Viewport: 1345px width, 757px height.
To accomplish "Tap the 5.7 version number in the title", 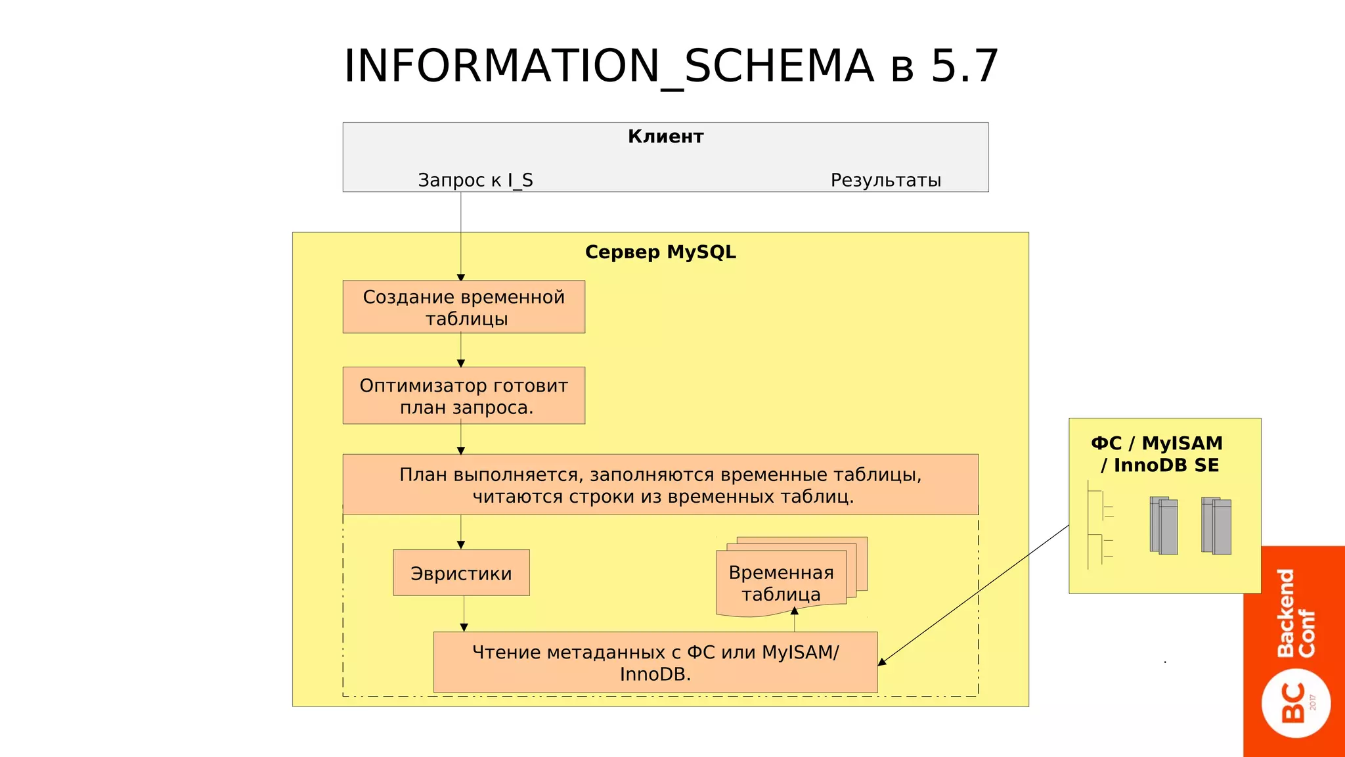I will pyautogui.click(x=964, y=66).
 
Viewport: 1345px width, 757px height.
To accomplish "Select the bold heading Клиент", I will pyautogui.click(x=665, y=137).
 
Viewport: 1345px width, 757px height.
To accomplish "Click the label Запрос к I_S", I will pyautogui.click(x=475, y=180).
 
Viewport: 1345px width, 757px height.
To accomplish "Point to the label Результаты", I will pyautogui.click(x=885, y=180).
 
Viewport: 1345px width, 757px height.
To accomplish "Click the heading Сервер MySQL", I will pyautogui.click(x=660, y=252).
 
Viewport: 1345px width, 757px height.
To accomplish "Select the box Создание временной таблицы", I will pyautogui.click(x=464, y=307).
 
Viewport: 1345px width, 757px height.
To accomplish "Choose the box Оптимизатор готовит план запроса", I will pyautogui.click(x=464, y=396).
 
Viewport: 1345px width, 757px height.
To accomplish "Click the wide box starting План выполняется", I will pyautogui.click(x=660, y=484).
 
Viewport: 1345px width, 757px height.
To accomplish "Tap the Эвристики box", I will pyautogui.click(x=461, y=573).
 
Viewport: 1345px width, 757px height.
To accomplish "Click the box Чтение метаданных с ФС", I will pyautogui.click(x=655, y=662).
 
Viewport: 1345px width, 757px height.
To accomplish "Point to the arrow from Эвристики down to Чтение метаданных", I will pyautogui.click(x=464, y=614).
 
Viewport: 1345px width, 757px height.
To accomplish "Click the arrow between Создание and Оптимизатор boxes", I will pyautogui.click(x=461, y=350).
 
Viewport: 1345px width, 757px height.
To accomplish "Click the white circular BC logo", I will pyautogui.click(x=1296, y=703).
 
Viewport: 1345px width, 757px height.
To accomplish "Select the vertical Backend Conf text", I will pyautogui.click(x=1296, y=612).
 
